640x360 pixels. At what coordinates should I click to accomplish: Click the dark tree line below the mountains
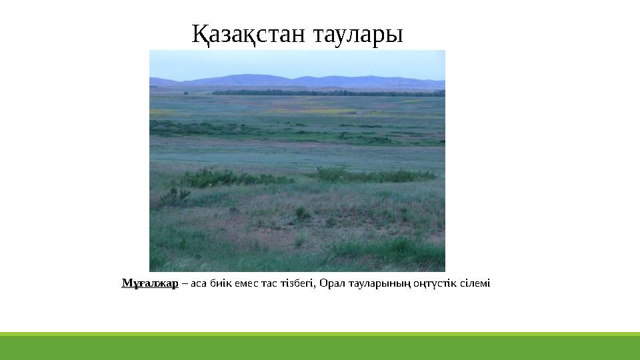pyautogui.click(x=320, y=93)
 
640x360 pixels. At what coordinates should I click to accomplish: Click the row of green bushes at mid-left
pyautogui.click(x=220, y=177)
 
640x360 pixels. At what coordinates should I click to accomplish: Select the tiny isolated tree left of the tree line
pyautogui.click(x=185, y=93)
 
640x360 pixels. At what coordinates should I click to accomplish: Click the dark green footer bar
pyautogui.click(x=320, y=348)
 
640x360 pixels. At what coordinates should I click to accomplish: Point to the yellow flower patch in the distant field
pyautogui.click(x=313, y=111)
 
